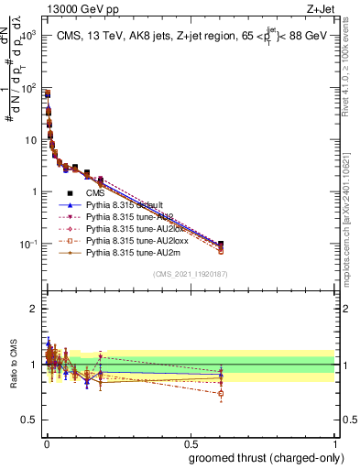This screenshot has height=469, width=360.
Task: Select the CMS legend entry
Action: click(95, 193)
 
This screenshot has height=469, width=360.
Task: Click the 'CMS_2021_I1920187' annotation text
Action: click(191, 273)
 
